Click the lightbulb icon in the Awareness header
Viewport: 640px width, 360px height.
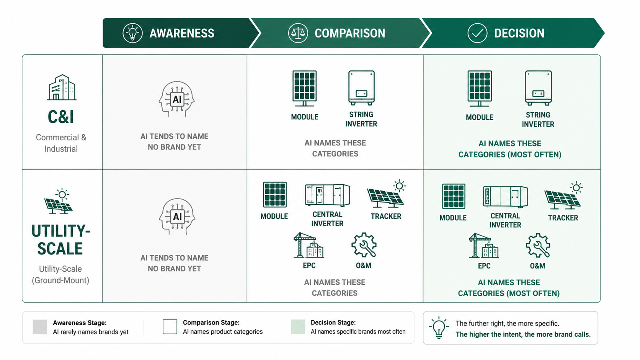click(132, 33)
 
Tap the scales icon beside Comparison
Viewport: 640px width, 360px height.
click(298, 33)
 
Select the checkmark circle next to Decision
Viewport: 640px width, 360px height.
click(477, 33)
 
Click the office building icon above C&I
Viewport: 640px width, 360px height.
click(62, 87)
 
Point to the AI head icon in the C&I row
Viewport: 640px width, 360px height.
click(177, 99)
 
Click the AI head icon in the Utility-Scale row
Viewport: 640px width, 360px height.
click(177, 217)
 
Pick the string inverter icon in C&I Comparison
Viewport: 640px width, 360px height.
click(361, 88)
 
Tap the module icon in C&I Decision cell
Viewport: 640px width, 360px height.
click(480, 88)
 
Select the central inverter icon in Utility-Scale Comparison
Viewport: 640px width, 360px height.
click(327, 195)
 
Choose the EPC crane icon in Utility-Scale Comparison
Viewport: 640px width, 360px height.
click(309, 245)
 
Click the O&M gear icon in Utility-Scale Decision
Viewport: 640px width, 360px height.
click(538, 246)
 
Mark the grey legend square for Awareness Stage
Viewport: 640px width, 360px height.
click(40, 327)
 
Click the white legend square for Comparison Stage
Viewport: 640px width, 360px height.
click(170, 327)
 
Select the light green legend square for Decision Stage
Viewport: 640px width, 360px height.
click(298, 327)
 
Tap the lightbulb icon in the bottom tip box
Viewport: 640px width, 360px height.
click(439, 327)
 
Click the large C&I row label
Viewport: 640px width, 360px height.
click(60, 117)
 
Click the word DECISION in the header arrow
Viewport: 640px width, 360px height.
click(519, 33)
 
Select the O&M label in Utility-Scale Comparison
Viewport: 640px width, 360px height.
click(363, 266)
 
